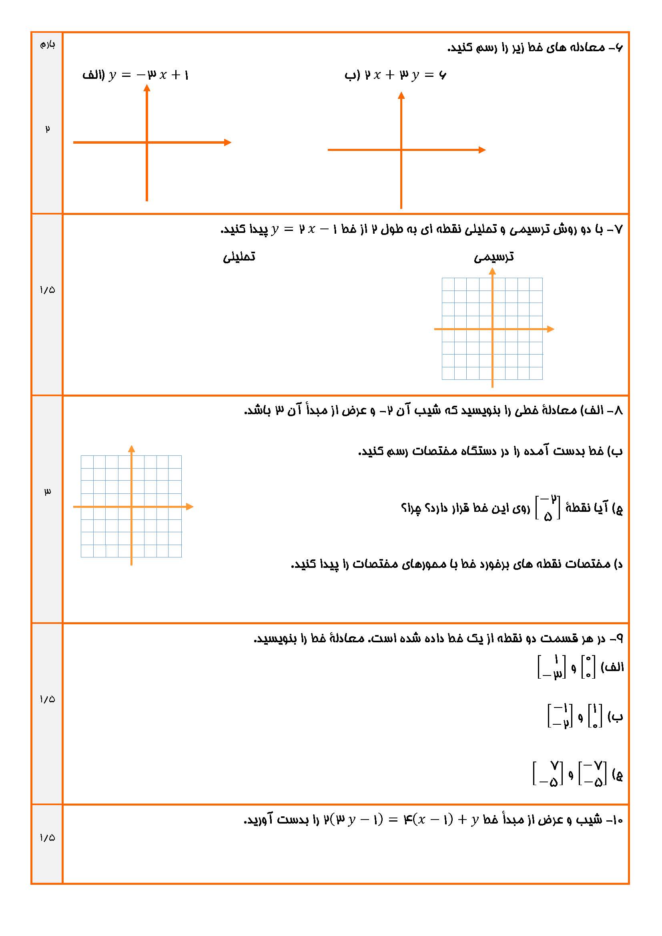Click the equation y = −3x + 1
pos(149,75)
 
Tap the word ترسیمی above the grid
pos(493,257)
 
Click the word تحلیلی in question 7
pos(239,257)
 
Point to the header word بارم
pos(47,44)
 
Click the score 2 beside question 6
pos(47,129)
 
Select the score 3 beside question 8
pos(47,492)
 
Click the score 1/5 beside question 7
pos(47,290)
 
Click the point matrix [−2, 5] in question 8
pos(548,507)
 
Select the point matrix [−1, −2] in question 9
pos(560,716)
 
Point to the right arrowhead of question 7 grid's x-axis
pos(551,329)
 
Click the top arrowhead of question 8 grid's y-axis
pos(131,449)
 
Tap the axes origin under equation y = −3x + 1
pos(147,142)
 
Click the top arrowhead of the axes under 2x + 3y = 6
pos(401,95)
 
